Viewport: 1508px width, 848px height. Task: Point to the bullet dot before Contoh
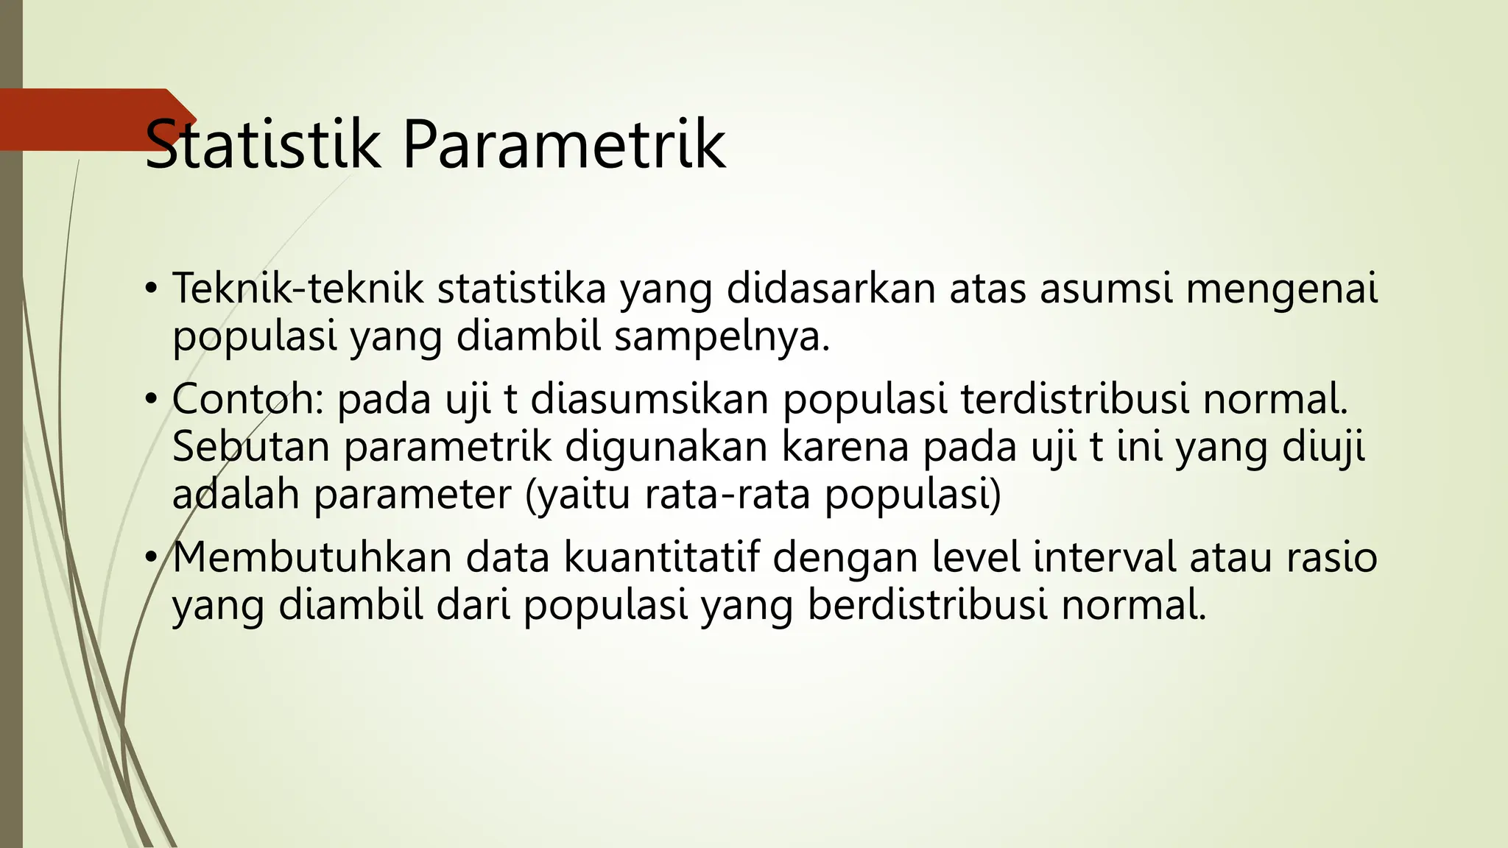click(x=151, y=400)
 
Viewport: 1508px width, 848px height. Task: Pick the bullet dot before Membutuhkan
click(x=151, y=557)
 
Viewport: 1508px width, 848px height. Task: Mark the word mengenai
click(x=1281, y=289)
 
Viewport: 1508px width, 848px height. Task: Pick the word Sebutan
click(x=250, y=447)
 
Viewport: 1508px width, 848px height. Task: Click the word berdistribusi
click(x=928, y=604)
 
